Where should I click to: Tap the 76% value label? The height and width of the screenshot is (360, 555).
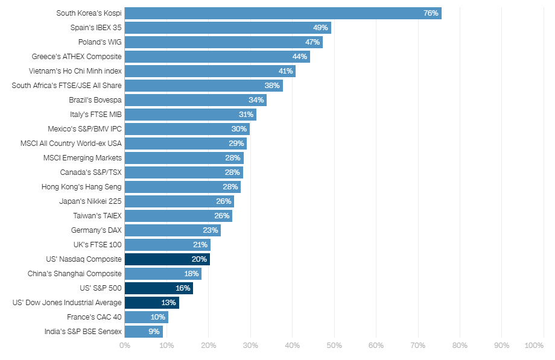click(x=431, y=13)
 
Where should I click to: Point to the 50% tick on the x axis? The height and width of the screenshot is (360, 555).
click(x=334, y=346)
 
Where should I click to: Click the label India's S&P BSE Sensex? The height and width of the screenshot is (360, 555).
click(x=83, y=332)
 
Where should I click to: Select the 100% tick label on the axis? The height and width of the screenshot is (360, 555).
click(x=534, y=346)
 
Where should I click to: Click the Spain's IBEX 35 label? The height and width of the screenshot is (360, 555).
click(x=96, y=28)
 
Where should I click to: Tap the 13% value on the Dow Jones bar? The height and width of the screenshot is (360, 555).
click(x=168, y=303)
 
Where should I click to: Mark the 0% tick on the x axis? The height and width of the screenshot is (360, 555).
click(x=125, y=346)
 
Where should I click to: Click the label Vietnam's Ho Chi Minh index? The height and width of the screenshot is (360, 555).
click(x=75, y=71)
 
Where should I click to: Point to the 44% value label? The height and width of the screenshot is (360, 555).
click(x=300, y=57)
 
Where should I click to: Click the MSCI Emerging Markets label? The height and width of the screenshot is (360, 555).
click(x=83, y=158)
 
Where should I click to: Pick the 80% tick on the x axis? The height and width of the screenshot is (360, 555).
click(x=460, y=346)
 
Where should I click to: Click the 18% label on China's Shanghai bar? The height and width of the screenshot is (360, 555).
click(x=191, y=274)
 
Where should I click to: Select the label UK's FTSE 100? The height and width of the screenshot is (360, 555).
click(x=97, y=245)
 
